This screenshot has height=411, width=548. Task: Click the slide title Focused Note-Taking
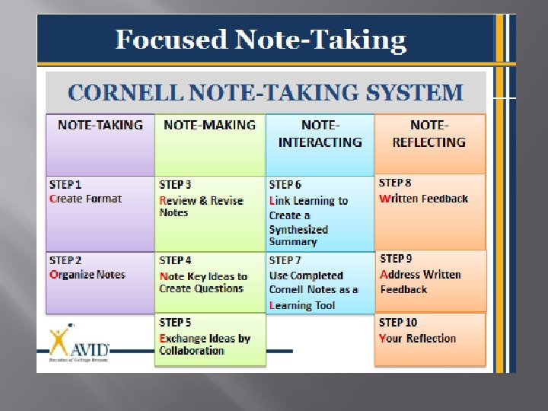(x=260, y=40)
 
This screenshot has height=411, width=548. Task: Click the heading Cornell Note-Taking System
(x=265, y=93)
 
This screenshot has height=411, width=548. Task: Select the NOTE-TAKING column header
(x=100, y=125)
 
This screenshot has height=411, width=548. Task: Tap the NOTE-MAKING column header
(x=209, y=125)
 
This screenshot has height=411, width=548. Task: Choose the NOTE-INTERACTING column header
(x=320, y=133)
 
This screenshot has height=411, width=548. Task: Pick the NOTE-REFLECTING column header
(x=429, y=133)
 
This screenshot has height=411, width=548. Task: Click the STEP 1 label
(x=65, y=184)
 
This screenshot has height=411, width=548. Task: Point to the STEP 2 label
(x=65, y=260)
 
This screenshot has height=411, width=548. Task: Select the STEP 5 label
(x=175, y=323)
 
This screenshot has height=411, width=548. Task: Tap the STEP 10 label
(x=398, y=323)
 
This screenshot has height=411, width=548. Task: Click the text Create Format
(x=85, y=199)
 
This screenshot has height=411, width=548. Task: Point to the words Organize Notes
(x=87, y=275)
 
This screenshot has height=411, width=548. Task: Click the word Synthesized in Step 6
(x=298, y=229)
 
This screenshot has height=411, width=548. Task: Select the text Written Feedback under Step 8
(x=423, y=199)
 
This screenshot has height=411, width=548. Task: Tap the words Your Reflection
(x=417, y=339)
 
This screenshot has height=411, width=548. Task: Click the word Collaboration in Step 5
(x=192, y=351)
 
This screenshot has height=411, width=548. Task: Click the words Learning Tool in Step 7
(x=302, y=305)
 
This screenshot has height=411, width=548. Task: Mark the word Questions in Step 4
(x=218, y=288)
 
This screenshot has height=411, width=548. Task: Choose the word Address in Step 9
(x=400, y=275)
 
